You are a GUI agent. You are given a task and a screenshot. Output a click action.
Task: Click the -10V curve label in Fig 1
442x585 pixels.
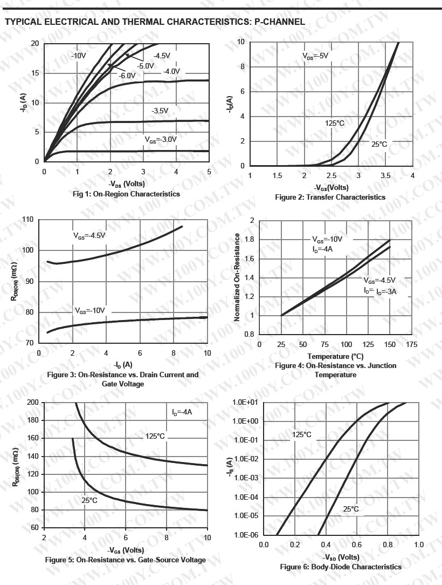pyautogui.click(x=79, y=56)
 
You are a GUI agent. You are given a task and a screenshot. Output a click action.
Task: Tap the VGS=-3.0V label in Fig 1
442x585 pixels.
pyautogui.click(x=160, y=139)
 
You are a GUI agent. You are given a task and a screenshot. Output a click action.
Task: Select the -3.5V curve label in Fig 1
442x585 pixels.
pyautogui.click(x=160, y=111)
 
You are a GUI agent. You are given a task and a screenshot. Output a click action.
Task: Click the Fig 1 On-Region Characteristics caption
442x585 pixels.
pyautogui.click(x=126, y=194)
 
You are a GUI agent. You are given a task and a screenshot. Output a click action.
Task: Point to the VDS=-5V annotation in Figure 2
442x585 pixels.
pyautogui.click(x=315, y=56)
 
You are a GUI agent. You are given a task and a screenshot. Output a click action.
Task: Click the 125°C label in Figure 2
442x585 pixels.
pyautogui.click(x=335, y=124)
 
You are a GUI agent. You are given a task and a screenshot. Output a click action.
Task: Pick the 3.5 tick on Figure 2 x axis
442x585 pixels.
pyautogui.click(x=385, y=176)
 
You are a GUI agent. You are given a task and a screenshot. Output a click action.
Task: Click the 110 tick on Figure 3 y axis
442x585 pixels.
pyautogui.click(x=27, y=220)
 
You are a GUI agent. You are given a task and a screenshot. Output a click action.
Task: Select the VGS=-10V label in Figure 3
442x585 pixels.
pyautogui.click(x=89, y=311)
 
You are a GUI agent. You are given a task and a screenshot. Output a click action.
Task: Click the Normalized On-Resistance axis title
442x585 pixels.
pyautogui.click(x=237, y=277)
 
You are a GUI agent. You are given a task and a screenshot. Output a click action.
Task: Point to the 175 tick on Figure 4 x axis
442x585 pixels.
pyautogui.click(x=411, y=344)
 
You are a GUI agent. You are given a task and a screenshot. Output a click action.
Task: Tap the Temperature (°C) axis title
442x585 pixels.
pyautogui.click(x=335, y=356)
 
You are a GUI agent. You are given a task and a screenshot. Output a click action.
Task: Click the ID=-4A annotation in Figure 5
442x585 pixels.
pyautogui.click(x=182, y=412)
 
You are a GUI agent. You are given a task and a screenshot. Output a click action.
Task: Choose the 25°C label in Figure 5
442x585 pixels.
pyautogui.click(x=89, y=500)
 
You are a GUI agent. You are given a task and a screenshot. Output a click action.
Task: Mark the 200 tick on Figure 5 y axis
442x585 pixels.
pyautogui.click(x=32, y=403)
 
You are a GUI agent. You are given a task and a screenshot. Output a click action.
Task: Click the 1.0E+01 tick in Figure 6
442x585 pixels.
pyautogui.click(x=245, y=402)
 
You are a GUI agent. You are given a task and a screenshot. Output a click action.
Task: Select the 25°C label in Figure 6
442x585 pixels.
pyautogui.click(x=351, y=509)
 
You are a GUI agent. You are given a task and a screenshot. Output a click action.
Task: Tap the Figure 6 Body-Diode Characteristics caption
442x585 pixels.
pyautogui.click(x=341, y=567)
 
